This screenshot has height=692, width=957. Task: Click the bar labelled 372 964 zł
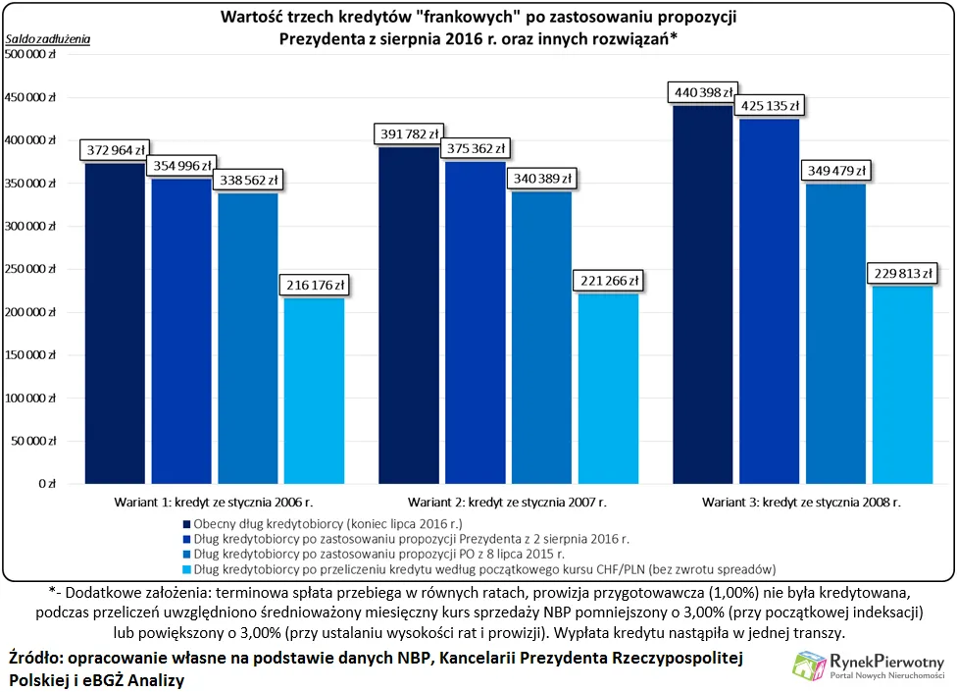[x=115, y=323]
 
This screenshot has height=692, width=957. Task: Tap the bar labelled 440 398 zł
[x=703, y=294]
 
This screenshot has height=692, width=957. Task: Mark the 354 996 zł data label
[x=180, y=166]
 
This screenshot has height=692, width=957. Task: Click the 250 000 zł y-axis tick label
[x=32, y=269]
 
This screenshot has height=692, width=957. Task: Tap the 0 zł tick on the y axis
[x=47, y=484]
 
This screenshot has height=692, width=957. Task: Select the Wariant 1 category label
[x=214, y=502]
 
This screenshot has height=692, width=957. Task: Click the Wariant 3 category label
[x=802, y=502]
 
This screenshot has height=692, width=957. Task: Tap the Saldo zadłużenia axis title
[x=47, y=38]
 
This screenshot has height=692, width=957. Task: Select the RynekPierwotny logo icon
[x=810, y=665]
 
